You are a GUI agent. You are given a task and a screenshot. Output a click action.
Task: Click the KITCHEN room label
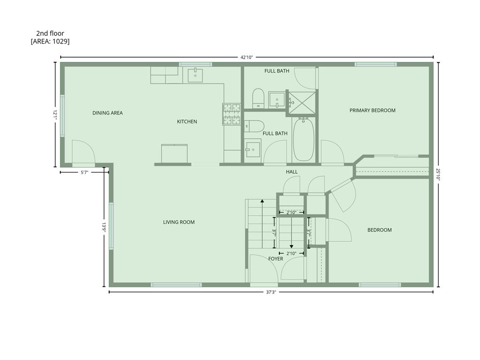(x=187, y=121)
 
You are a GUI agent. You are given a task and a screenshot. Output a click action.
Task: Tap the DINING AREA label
(x=107, y=113)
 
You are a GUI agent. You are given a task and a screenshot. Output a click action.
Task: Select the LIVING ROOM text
(x=179, y=222)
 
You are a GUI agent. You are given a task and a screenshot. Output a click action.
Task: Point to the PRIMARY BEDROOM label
(x=372, y=110)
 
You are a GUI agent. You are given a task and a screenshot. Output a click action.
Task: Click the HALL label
(x=292, y=172)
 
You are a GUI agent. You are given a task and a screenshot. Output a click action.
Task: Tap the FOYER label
(x=276, y=259)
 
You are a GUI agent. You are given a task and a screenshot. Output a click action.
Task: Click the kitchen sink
(x=195, y=75)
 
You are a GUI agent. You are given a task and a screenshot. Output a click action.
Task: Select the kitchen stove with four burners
(x=232, y=114)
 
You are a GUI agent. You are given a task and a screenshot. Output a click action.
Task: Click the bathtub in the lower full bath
(x=303, y=140)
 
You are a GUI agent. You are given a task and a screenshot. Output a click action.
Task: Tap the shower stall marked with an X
(x=302, y=103)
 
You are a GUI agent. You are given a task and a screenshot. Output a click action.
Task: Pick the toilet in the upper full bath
(x=258, y=98)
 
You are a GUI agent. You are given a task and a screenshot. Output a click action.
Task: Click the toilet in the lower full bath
(x=254, y=126)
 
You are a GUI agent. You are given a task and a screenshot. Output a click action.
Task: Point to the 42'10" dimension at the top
(x=247, y=57)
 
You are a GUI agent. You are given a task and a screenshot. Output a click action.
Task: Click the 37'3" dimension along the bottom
(x=271, y=292)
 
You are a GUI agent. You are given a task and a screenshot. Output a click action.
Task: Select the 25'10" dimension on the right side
(x=438, y=175)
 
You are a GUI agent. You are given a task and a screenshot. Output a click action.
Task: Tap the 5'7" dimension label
(x=84, y=172)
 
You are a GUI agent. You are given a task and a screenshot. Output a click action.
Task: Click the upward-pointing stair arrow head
(x=262, y=201)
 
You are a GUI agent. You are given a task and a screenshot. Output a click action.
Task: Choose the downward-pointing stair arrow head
(x=292, y=246)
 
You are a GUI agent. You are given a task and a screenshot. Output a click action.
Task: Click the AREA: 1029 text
(x=50, y=41)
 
